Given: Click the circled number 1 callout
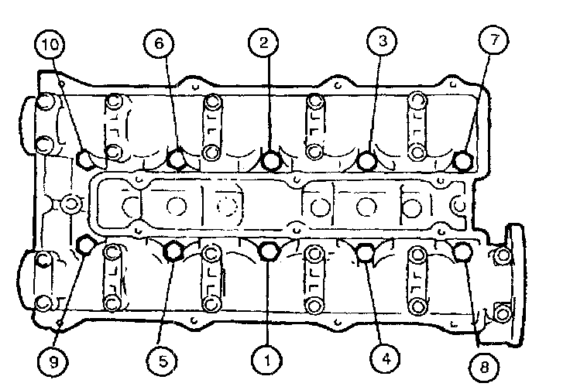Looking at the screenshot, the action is tap(265, 359).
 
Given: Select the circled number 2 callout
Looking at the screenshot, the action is tap(265, 43).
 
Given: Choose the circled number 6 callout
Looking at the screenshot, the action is tap(157, 44).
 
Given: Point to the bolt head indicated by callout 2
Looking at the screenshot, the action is tap(271, 161).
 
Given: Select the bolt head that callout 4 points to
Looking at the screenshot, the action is tap(364, 251).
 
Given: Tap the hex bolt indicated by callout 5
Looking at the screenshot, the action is tap(173, 251).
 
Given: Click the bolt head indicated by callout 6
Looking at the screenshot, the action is tap(177, 159).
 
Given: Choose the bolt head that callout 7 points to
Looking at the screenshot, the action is tap(463, 161).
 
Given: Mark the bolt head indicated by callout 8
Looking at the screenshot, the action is tap(462, 251).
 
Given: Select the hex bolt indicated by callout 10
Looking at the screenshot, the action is tap(86, 159).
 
